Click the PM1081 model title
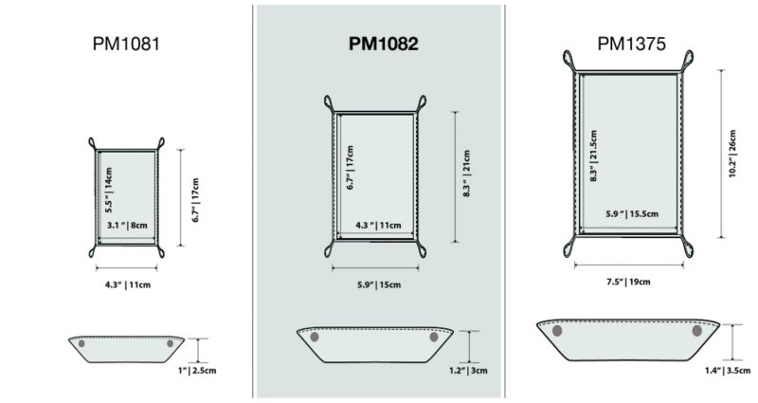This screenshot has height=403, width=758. pos(126,44)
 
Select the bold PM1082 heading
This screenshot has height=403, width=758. pos(384,44)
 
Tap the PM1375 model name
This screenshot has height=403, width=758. pos(631,44)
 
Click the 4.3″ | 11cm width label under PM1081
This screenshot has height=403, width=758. pos(128,285)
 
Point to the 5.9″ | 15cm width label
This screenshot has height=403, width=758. pos(379,285)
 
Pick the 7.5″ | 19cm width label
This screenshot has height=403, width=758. pos(628,282)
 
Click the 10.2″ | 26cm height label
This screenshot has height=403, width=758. pos(732,154)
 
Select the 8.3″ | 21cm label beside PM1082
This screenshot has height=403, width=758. pos(466,174)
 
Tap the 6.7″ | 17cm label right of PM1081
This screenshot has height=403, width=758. pos(195,200)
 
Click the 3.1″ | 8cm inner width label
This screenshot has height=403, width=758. pos(127,225)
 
